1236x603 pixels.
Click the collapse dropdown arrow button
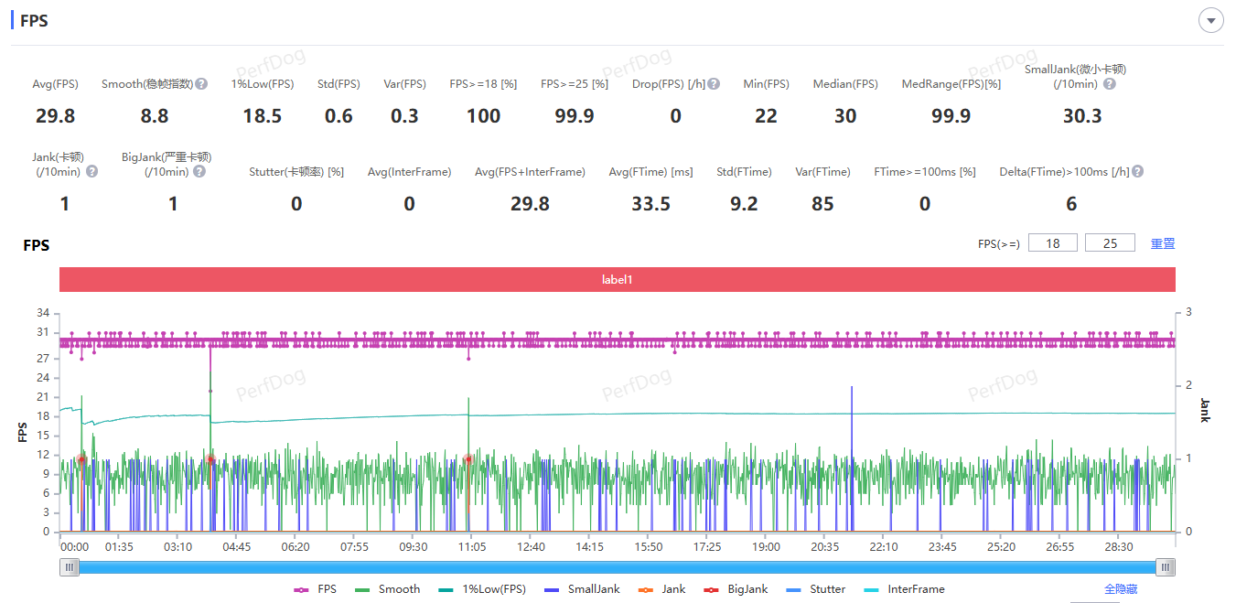[1211, 20]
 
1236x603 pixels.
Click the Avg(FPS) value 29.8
[55, 116]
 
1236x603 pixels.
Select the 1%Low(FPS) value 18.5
[262, 116]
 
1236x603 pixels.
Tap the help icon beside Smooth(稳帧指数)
[201, 84]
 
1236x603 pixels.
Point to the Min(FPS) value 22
[766, 116]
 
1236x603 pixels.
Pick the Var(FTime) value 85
[822, 204]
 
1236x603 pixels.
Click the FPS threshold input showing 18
[1052, 243]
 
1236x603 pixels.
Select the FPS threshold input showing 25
[1110, 243]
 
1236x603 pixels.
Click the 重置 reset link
[1162, 243]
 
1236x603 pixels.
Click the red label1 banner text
[617, 280]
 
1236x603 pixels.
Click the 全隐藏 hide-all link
[1121, 589]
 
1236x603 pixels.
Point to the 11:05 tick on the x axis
[471, 547]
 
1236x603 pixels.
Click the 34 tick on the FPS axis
[43, 313]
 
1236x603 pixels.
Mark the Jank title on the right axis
[1204, 410]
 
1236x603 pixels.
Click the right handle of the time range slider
[1166, 567]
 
